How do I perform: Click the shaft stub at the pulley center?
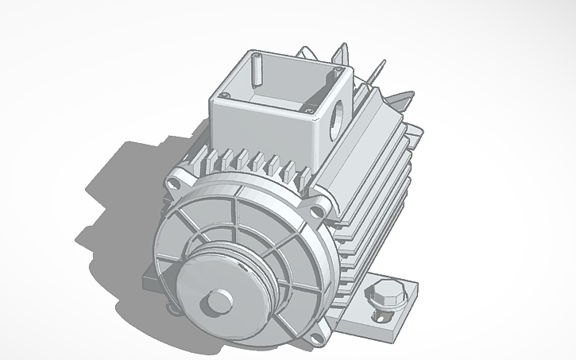tap(215, 304)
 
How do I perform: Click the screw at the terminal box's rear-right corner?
tap(339, 72)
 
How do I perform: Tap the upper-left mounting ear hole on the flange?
tap(175, 182)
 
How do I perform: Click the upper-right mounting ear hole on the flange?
tap(318, 211)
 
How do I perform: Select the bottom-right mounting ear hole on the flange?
tap(319, 339)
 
